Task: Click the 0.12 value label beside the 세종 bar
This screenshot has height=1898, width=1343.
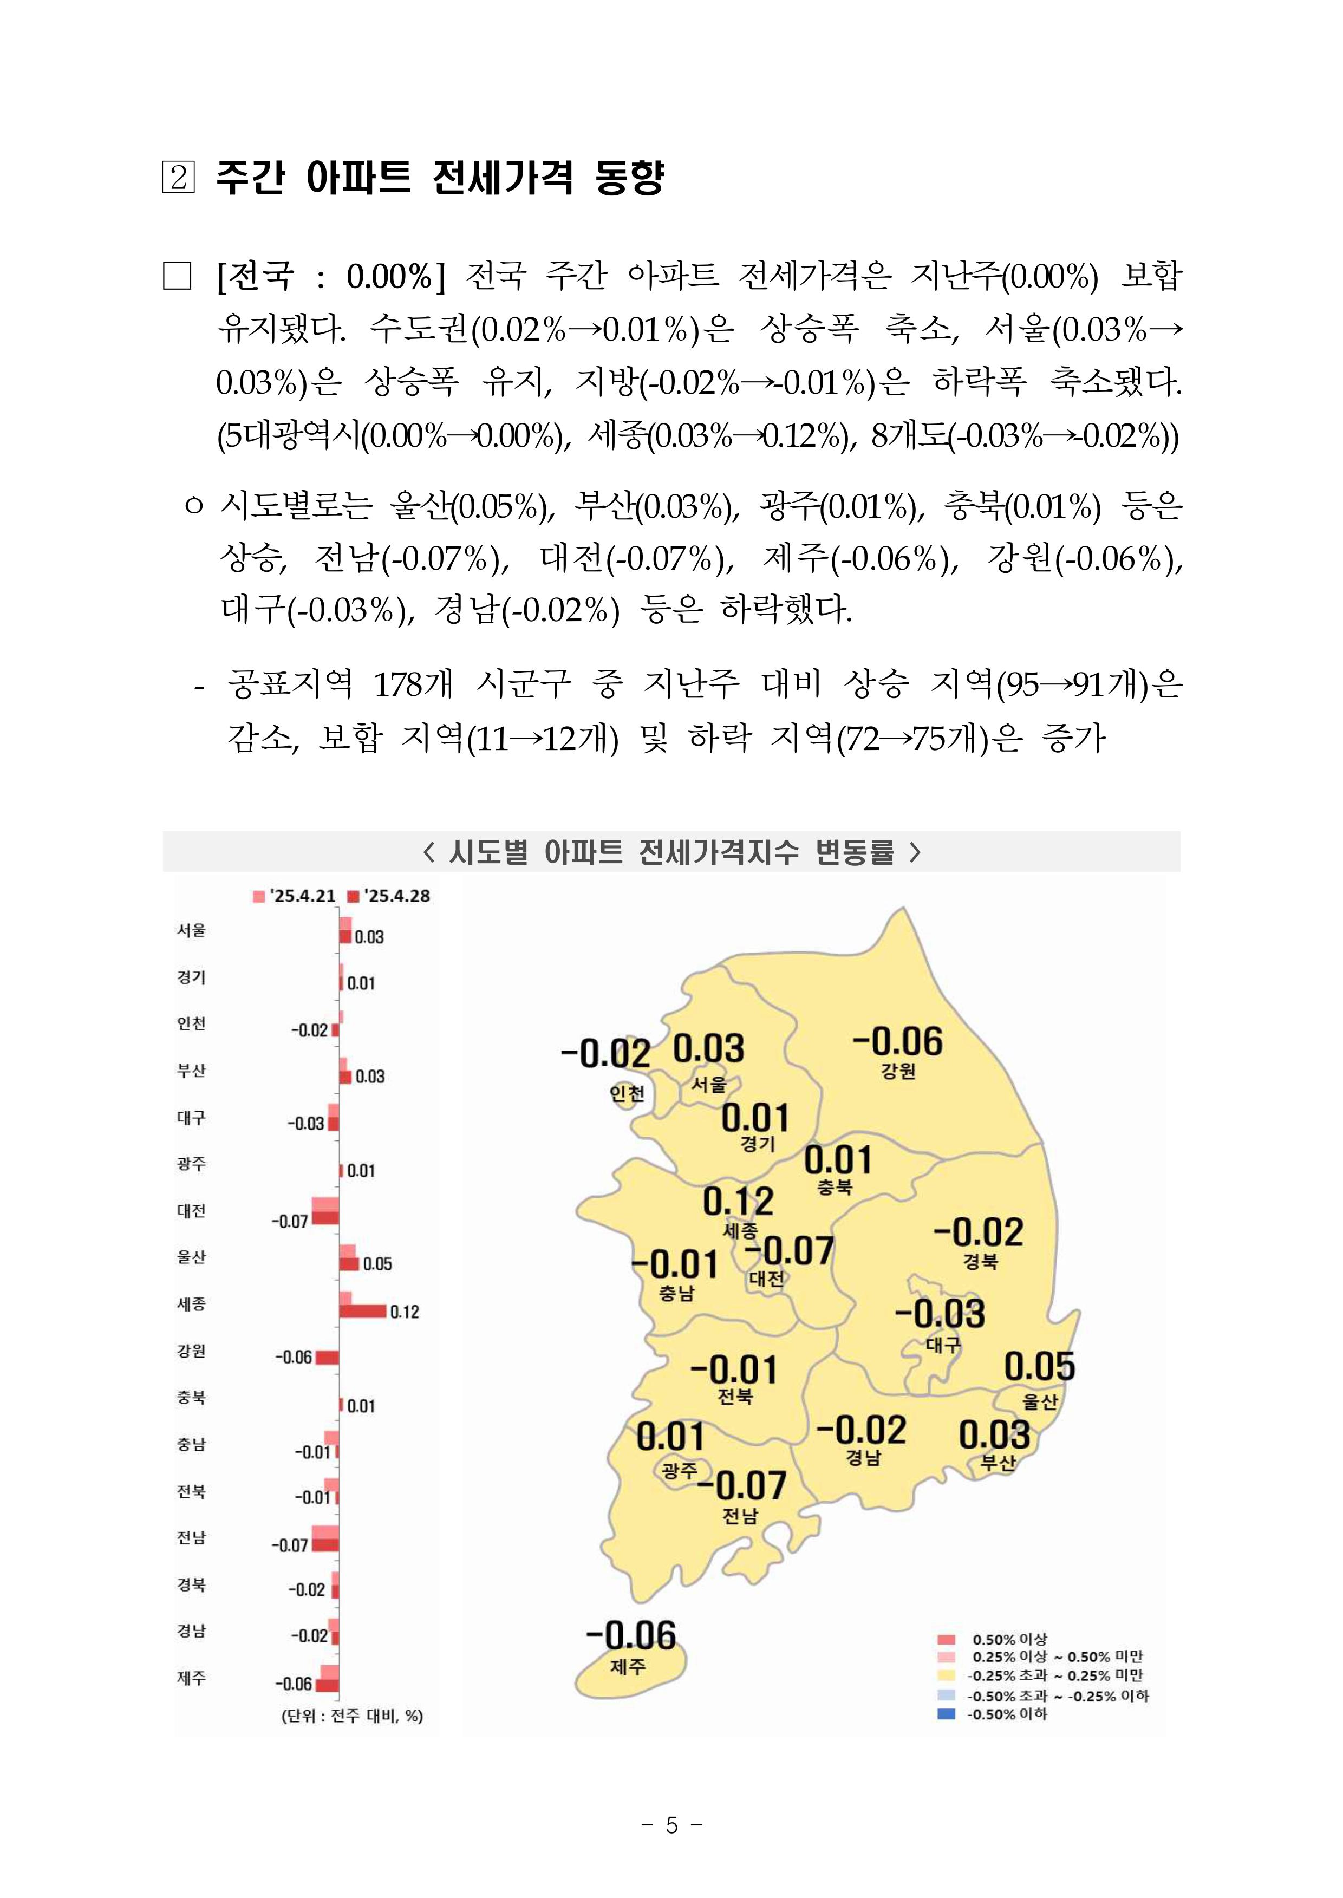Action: click(405, 1313)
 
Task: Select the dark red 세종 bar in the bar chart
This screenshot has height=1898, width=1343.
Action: click(362, 1312)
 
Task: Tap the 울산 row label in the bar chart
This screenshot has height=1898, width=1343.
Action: click(191, 1257)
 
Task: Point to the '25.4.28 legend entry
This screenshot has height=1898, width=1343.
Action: click(389, 896)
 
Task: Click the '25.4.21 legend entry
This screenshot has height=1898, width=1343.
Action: click(295, 896)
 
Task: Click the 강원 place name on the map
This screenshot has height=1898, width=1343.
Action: click(898, 1071)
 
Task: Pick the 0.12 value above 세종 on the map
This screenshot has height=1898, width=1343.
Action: click(738, 1201)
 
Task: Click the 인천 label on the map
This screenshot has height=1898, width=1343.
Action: click(627, 1093)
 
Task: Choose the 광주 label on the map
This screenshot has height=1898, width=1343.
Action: click(680, 1470)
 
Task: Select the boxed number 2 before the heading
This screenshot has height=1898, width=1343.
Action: click(178, 177)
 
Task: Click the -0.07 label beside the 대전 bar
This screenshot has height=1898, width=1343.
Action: click(289, 1222)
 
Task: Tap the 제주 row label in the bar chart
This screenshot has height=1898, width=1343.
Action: click(191, 1678)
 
